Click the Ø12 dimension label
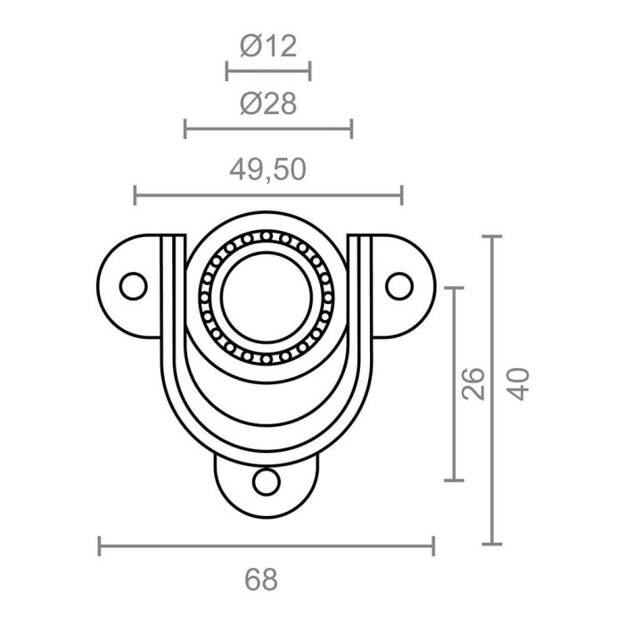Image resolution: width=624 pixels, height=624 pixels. (x=267, y=45)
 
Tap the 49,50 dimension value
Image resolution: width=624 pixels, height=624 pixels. (x=267, y=168)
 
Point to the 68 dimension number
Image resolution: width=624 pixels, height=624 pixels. (x=260, y=579)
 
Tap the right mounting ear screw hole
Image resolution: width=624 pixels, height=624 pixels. (x=400, y=285)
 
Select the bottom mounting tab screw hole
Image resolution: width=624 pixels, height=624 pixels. (x=265, y=482)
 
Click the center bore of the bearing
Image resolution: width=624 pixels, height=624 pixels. (x=266, y=295)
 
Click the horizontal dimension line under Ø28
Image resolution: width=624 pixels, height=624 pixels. (x=267, y=129)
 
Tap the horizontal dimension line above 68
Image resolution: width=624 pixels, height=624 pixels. (x=266, y=546)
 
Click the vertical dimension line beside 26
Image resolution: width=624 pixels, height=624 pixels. (x=455, y=383)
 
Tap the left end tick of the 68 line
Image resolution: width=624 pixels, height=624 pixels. (x=100, y=546)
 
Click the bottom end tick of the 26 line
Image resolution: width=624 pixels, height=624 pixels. (x=455, y=480)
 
